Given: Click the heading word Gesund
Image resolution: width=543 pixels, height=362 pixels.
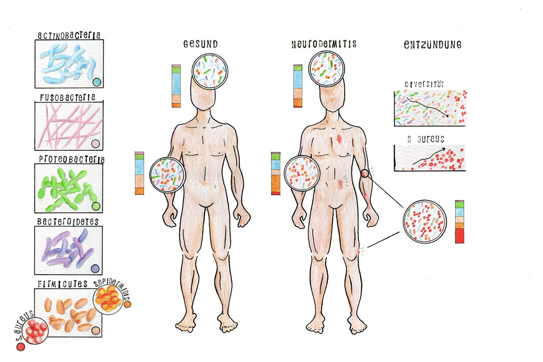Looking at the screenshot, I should pyautogui.click(x=200, y=44).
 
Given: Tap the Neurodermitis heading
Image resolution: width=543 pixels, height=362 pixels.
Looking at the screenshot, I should pyautogui.click(x=324, y=44).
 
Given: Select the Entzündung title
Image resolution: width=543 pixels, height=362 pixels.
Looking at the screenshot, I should pyautogui.click(x=432, y=45).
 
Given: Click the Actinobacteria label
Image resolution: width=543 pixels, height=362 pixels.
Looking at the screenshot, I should pyautogui.click(x=69, y=35).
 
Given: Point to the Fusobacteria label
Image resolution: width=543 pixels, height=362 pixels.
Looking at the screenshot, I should pyautogui.click(x=67, y=97).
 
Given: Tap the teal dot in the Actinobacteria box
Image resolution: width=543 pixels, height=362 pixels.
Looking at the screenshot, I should pyautogui.click(x=97, y=82).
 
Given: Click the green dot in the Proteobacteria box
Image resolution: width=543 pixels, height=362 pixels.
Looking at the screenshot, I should pyautogui.click(x=96, y=206).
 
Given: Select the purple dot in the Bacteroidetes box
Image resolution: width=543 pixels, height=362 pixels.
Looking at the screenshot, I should pyautogui.click(x=95, y=268).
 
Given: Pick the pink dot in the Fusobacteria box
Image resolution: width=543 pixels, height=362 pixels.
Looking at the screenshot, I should pyautogui.click(x=95, y=144).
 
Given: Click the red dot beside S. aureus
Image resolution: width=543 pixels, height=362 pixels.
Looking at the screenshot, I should pyautogui.click(x=21, y=346).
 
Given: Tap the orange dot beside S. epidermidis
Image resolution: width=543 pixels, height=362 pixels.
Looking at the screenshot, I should pyautogui.click(x=127, y=304).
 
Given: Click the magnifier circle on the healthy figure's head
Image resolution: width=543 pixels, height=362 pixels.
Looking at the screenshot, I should pyautogui.click(x=210, y=72).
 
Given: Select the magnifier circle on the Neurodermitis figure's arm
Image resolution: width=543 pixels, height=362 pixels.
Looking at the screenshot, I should pyautogui.click(x=302, y=173).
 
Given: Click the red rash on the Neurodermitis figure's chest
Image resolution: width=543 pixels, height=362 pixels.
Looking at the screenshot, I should pyautogui.click(x=339, y=138).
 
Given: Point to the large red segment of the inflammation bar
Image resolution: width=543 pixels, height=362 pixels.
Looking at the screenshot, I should pyautogui.click(x=460, y=235).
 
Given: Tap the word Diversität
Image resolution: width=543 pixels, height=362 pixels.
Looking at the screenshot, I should pyautogui.click(x=424, y=84).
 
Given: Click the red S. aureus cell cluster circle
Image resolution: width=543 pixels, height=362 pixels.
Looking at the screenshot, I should pyautogui.click(x=35, y=332).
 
